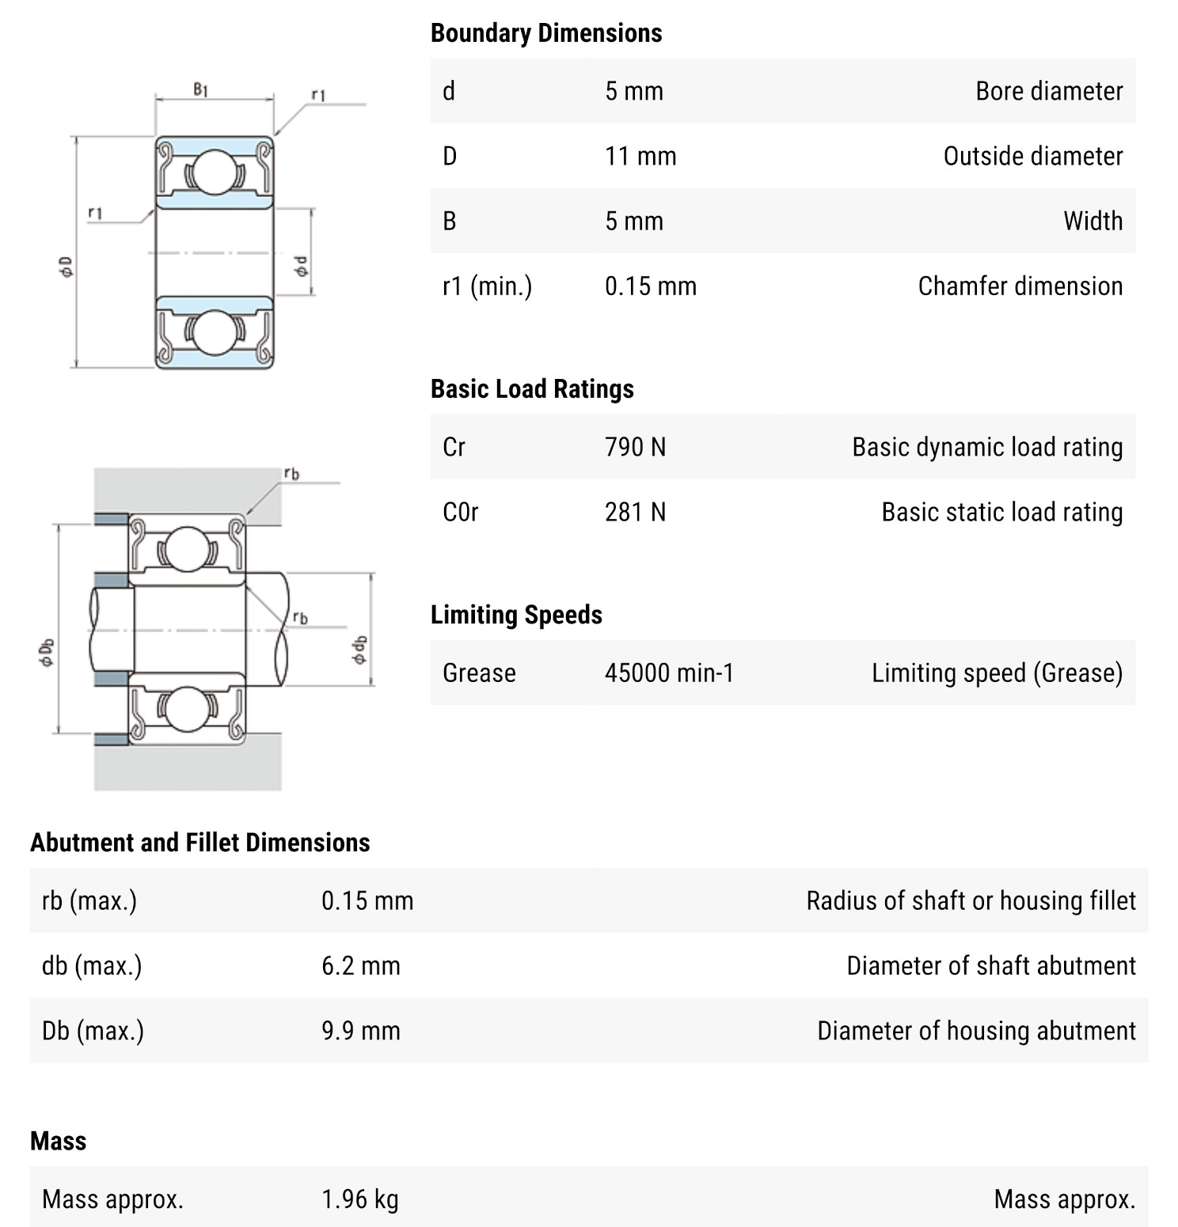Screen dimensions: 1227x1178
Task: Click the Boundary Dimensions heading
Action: tap(546, 33)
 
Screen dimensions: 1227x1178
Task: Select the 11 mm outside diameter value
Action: tap(640, 156)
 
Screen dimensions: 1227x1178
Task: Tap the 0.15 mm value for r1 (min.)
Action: tap(650, 286)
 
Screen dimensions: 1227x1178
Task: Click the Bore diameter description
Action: tap(1048, 91)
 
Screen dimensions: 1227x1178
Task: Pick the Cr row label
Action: tap(454, 447)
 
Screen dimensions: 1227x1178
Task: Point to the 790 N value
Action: tap(635, 447)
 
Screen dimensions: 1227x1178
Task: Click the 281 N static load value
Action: tap(635, 512)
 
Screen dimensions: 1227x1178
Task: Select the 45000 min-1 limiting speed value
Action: tap(669, 672)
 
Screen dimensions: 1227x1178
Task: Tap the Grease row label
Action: tap(479, 672)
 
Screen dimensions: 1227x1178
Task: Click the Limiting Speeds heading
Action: tap(516, 615)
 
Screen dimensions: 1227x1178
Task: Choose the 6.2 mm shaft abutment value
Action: tap(360, 965)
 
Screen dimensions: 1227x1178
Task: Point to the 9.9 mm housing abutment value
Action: tap(360, 1030)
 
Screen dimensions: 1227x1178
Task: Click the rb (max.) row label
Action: tap(89, 900)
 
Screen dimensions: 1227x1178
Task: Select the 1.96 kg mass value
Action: tap(359, 1199)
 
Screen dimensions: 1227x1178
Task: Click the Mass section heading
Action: tap(58, 1141)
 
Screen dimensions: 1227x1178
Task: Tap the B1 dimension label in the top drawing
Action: tap(201, 89)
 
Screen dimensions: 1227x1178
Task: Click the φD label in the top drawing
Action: tap(66, 267)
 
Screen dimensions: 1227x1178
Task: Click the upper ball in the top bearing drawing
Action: tap(214, 172)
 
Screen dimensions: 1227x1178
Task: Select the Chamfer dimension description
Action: tap(1020, 286)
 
